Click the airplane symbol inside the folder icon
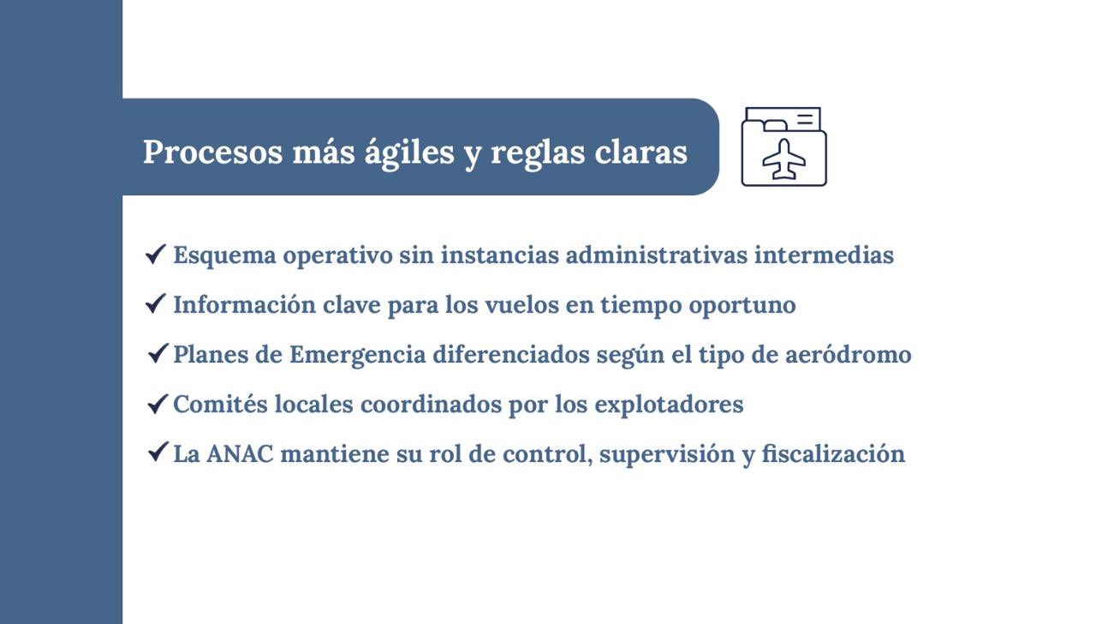click(x=784, y=159)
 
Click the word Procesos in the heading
click(x=212, y=152)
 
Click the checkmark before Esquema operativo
click(x=155, y=254)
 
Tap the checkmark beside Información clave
click(x=155, y=303)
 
